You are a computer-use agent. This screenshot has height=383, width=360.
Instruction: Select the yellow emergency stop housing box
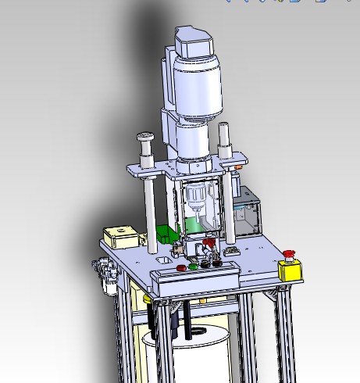click(290, 270)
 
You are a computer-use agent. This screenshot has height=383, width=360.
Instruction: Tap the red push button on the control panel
click(181, 268)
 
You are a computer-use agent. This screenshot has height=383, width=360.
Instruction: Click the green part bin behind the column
click(167, 233)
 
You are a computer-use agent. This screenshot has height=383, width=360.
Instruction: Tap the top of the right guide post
click(225, 128)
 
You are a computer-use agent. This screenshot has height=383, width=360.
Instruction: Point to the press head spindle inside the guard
click(197, 200)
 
